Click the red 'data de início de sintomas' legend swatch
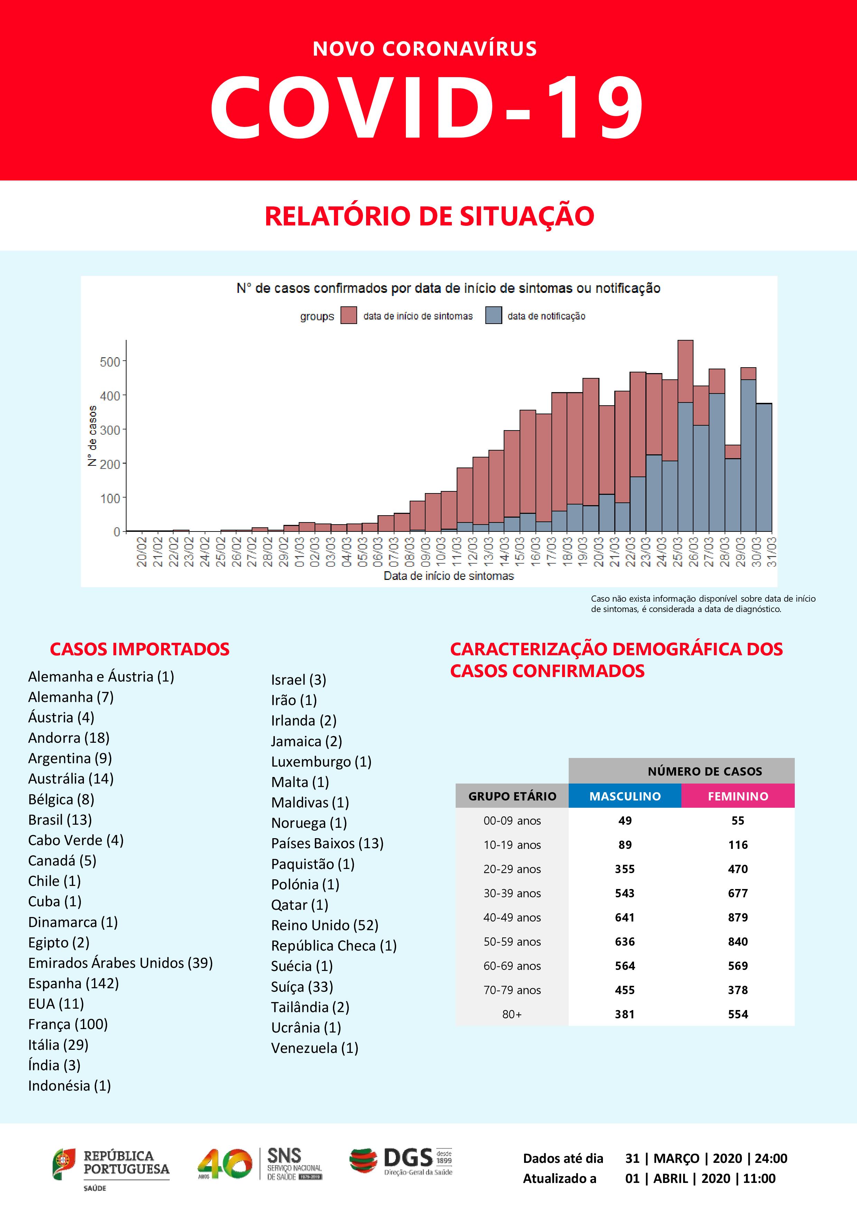348,315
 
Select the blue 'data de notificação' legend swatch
493,315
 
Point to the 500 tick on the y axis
110,362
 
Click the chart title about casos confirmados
448,288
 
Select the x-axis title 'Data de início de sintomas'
448,576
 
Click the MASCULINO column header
625,796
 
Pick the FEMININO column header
738,796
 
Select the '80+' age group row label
512,1015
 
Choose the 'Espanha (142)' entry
73,983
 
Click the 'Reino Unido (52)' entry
325,925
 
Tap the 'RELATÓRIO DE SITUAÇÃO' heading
429,216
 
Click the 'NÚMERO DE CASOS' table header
705,771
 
